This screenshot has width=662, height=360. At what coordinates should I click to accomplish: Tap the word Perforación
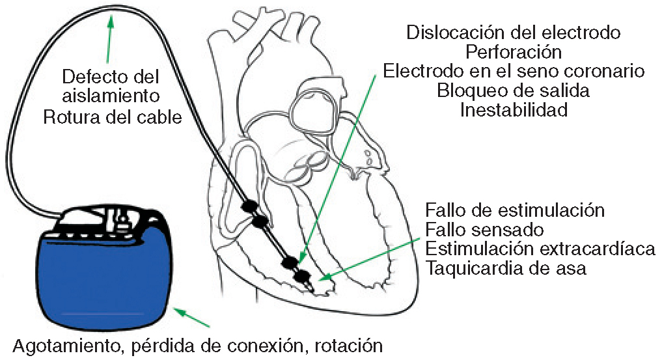514,51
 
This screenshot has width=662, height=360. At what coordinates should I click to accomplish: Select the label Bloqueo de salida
514,90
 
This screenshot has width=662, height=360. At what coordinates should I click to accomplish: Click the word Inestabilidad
514,110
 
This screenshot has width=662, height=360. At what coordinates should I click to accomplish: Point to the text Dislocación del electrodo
514,32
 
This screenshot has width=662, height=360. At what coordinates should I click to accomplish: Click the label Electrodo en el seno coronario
514,71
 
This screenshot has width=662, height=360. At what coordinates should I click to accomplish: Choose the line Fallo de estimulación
515,211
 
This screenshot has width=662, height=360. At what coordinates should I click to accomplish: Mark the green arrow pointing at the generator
195,318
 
